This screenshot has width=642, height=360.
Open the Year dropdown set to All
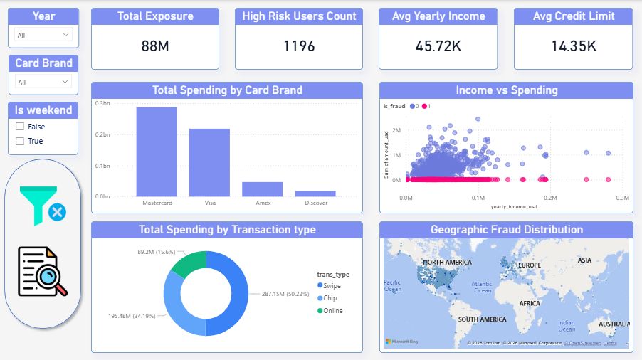(x=43, y=35)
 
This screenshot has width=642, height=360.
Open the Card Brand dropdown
(x=43, y=82)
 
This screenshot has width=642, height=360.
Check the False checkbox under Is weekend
(x=20, y=127)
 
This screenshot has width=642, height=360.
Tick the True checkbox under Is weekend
(x=20, y=141)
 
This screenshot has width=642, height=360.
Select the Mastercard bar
(x=157, y=152)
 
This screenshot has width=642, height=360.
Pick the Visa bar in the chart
(x=209, y=162)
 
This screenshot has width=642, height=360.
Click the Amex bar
(x=262, y=189)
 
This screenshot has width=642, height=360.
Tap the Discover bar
(x=315, y=193)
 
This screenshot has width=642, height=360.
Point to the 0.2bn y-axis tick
(x=102, y=135)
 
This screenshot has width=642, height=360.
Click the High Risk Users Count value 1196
(x=299, y=46)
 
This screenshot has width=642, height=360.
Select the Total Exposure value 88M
(x=155, y=46)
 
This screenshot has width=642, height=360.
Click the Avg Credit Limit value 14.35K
(x=573, y=46)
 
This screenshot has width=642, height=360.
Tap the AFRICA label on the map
(x=530, y=303)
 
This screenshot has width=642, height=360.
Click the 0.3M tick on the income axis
(x=622, y=198)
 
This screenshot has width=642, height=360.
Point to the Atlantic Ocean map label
(x=483, y=287)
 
